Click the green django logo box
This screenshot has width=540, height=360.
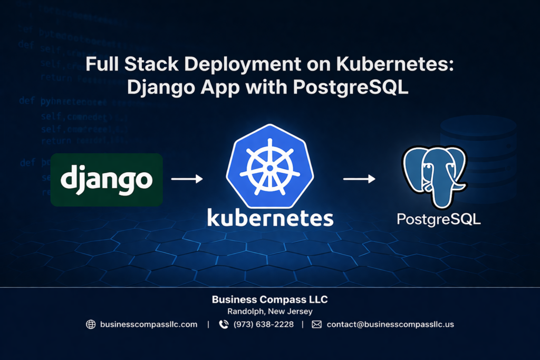tap(107, 179)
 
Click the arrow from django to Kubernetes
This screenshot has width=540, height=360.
tap(187, 179)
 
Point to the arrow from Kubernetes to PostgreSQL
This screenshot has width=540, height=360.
tap(359, 179)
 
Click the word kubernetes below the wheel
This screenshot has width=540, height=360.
tap(270, 217)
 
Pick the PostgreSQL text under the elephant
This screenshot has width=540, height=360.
tap(439, 219)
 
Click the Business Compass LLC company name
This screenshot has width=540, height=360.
tap(269, 299)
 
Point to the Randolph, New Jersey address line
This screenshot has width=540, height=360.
tap(269, 312)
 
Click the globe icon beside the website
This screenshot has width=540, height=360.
tap(91, 325)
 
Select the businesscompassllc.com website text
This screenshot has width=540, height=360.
tap(149, 325)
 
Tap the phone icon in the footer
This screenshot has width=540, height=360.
tap(224, 325)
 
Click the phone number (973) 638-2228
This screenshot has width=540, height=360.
tap(264, 325)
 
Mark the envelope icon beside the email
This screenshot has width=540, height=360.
tap(316, 325)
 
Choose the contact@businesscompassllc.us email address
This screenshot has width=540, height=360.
tap(390, 325)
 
